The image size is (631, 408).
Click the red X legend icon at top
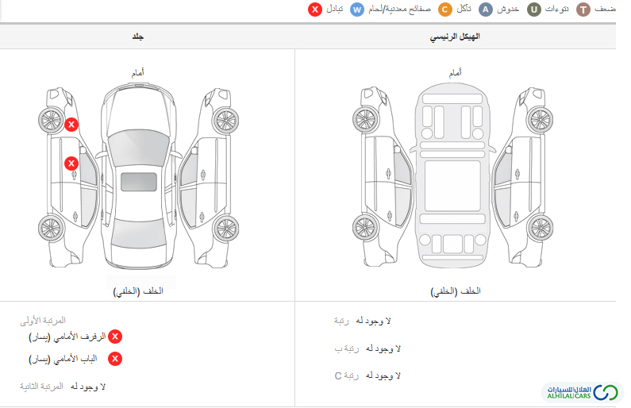tap(315, 10)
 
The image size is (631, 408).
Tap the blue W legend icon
tap(357, 10)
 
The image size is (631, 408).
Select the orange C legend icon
tap(445, 10)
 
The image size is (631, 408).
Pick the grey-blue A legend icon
tap(486, 10)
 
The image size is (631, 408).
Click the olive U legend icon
tap(534, 10)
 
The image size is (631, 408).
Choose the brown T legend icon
tap(583, 10)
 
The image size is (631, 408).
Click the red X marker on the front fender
tap(71, 125)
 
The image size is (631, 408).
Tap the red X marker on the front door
tap(71, 164)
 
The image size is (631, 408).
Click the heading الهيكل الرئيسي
tap(455, 37)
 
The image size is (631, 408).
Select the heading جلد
tap(137, 37)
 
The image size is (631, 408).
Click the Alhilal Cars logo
tap(583, 392)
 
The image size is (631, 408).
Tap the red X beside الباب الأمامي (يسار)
tap(115, 359)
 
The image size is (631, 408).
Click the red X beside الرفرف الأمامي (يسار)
tap(115, 337)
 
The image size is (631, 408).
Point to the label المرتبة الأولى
tap(43, 321)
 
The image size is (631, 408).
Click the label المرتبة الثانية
tap(41, 387)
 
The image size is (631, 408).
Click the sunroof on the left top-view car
tap(139, 182)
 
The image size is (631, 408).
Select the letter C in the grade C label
tap(338, 375)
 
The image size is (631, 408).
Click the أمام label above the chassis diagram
tap(455, 72)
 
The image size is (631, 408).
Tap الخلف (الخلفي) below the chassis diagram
tap(456, 291)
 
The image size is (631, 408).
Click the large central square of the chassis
tap(452, 186)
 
